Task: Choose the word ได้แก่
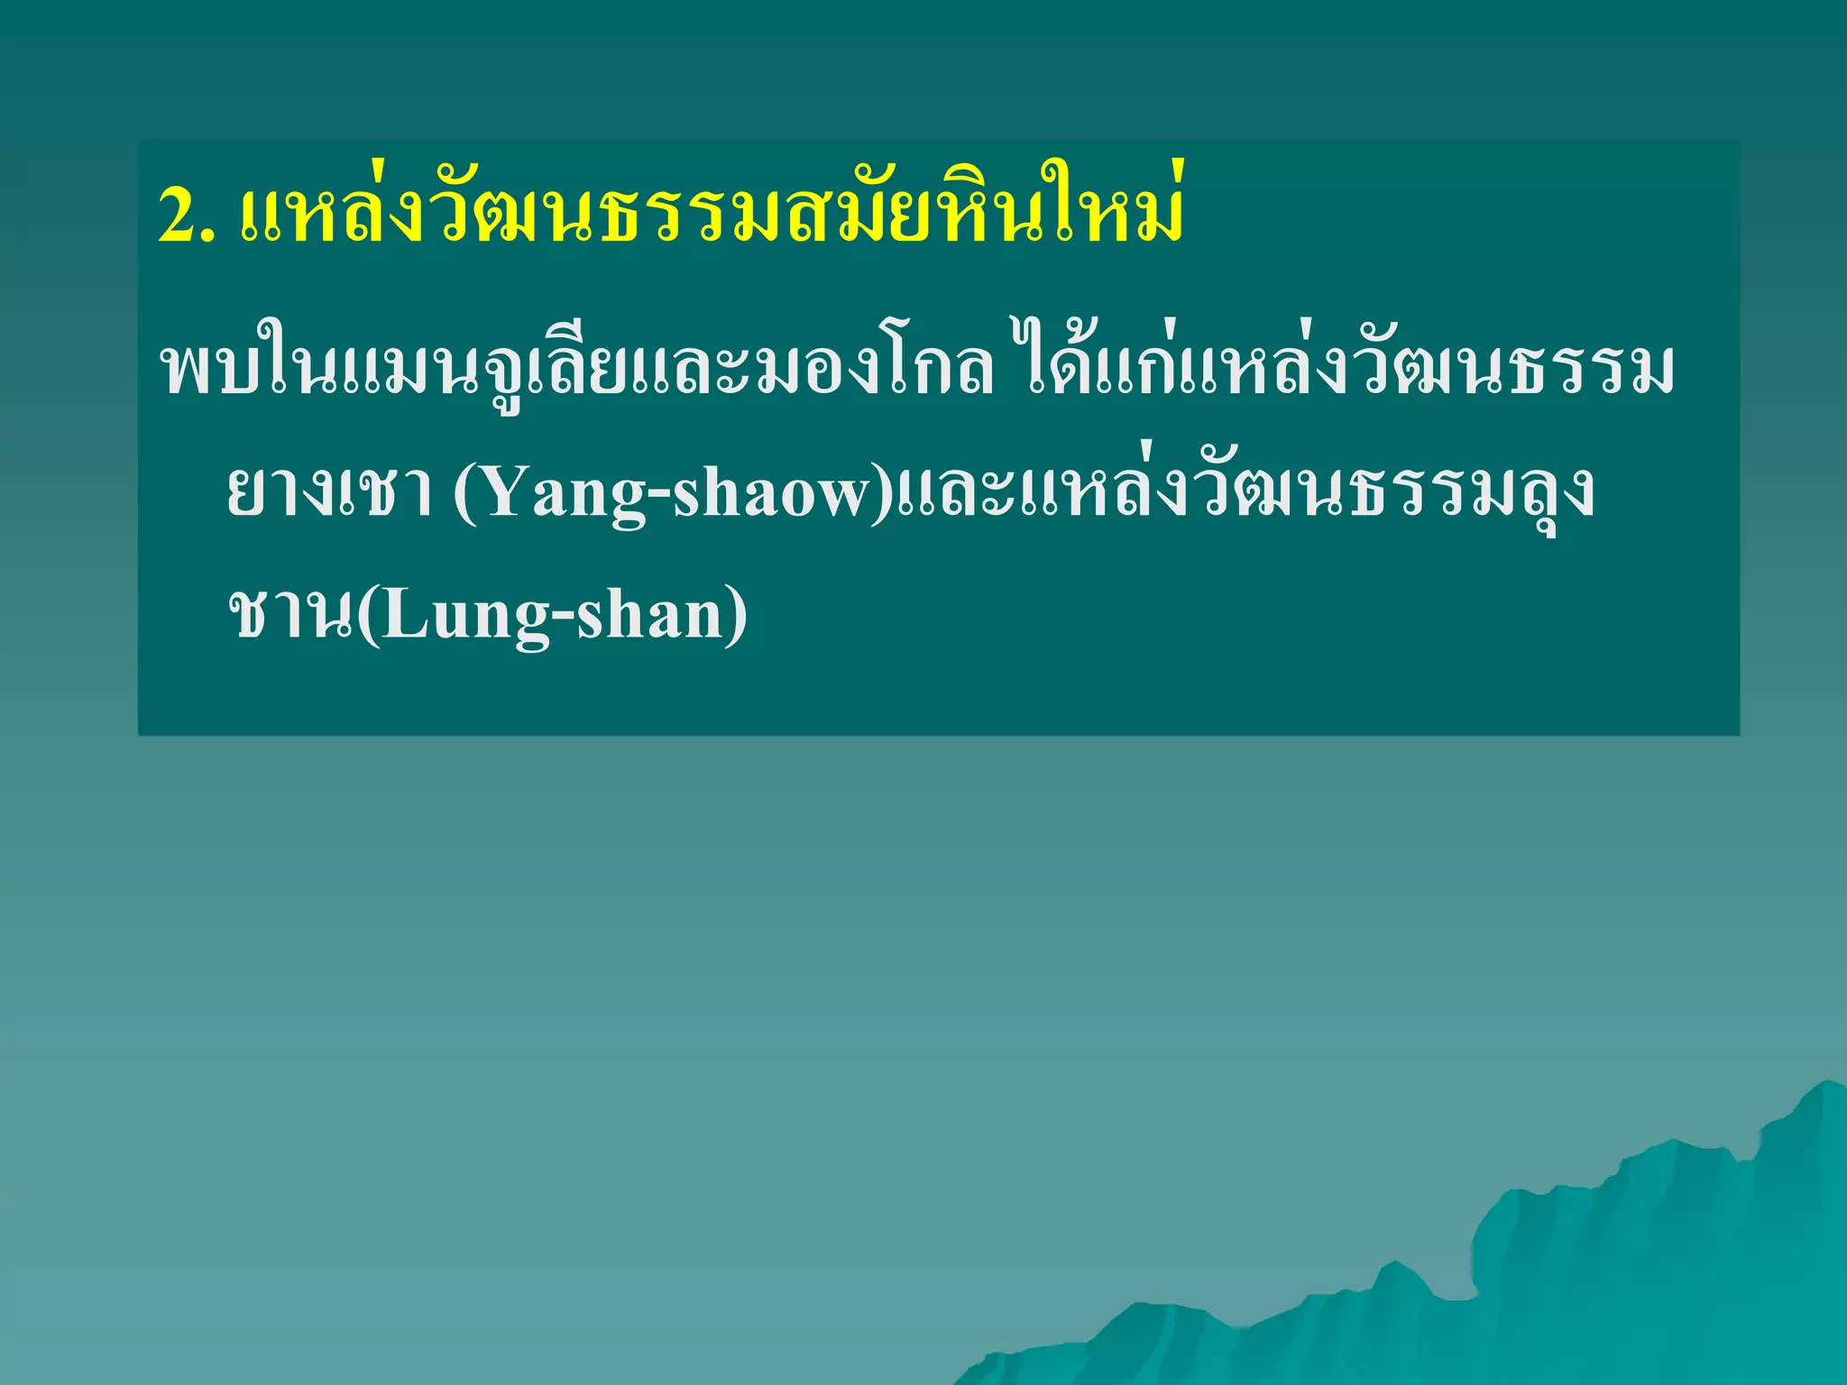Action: (x=1091, y=370)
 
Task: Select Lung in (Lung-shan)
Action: (x=451, y=618)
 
